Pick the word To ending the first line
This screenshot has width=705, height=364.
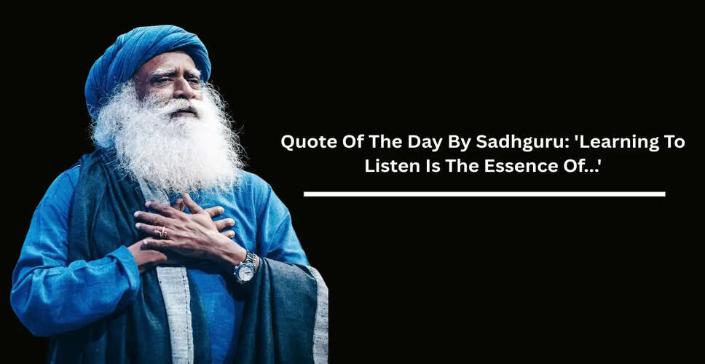(674, 142)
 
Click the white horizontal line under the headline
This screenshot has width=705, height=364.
(484, 194)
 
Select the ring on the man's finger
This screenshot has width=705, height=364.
(162, 232)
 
